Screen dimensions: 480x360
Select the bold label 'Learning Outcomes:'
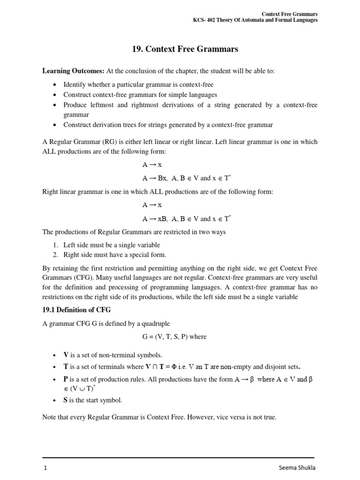[73, 71]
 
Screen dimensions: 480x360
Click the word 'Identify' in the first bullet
[75, 84]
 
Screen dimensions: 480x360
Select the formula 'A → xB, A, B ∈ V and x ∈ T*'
[186, 218]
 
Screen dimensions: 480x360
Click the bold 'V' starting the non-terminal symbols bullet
[66, 355]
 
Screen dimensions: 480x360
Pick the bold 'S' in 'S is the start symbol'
[66, 400]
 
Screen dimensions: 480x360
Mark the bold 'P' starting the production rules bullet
[66, 379]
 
